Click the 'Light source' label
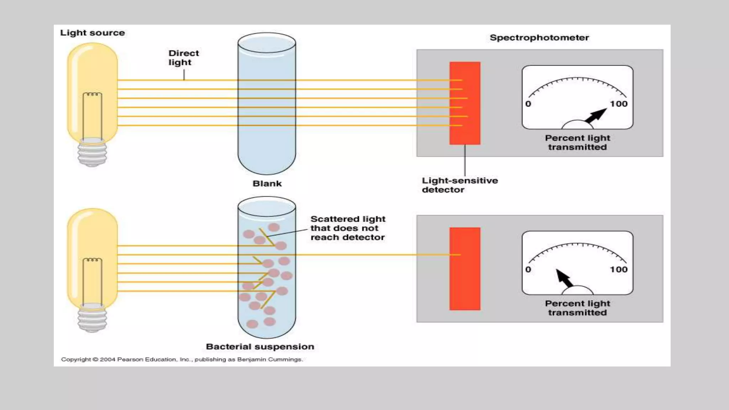[92, 33]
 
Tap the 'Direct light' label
[183, 58]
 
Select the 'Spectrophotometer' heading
[539, 38]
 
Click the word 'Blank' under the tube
[267, 184]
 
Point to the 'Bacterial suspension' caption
[260, 347]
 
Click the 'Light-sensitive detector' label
[460, 185]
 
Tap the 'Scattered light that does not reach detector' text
[347, 228]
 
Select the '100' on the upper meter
[619, 104]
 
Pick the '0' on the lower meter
[528, 269]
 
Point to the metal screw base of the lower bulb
[92, 319]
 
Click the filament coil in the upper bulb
[92, 94]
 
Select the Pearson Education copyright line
[182, 359]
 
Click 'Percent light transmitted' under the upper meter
[577, 142]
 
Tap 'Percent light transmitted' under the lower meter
[577, 308]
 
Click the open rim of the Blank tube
[267, 43]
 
